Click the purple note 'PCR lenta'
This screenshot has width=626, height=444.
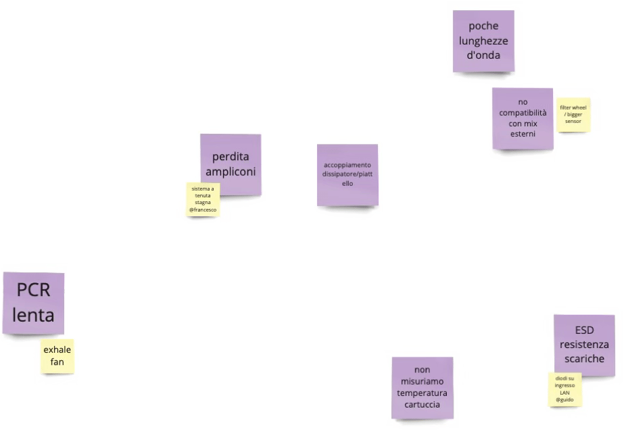[x=33, y=302]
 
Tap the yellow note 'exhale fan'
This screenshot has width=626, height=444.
[x=57, y=356]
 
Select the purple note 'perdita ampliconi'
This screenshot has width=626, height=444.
[x=231, y=164]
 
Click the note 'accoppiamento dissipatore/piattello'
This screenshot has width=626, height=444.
[x=347, y=174]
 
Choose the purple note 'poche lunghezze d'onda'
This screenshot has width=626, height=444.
[x=483, y=41]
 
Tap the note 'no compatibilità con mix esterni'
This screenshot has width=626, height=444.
[x=523, y=118]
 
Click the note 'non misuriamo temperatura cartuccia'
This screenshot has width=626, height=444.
[x=422, y=387]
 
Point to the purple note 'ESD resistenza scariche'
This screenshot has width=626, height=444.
[x=583, y=345]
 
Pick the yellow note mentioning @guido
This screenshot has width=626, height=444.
[x=564, y=389]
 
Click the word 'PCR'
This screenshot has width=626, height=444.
[x=34, y=291]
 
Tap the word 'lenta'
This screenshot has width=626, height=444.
[x=33, y=315]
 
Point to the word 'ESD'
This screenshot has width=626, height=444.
[x=583, y=331]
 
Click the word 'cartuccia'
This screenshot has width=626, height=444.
[x=422, y=404]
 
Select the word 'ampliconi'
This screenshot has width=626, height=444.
[x=231, y=172]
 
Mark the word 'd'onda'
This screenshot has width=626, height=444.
[x=483, y=55]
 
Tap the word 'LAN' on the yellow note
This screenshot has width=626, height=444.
[x=564, y=393]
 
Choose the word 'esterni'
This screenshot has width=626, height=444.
[x=523, y=134]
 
